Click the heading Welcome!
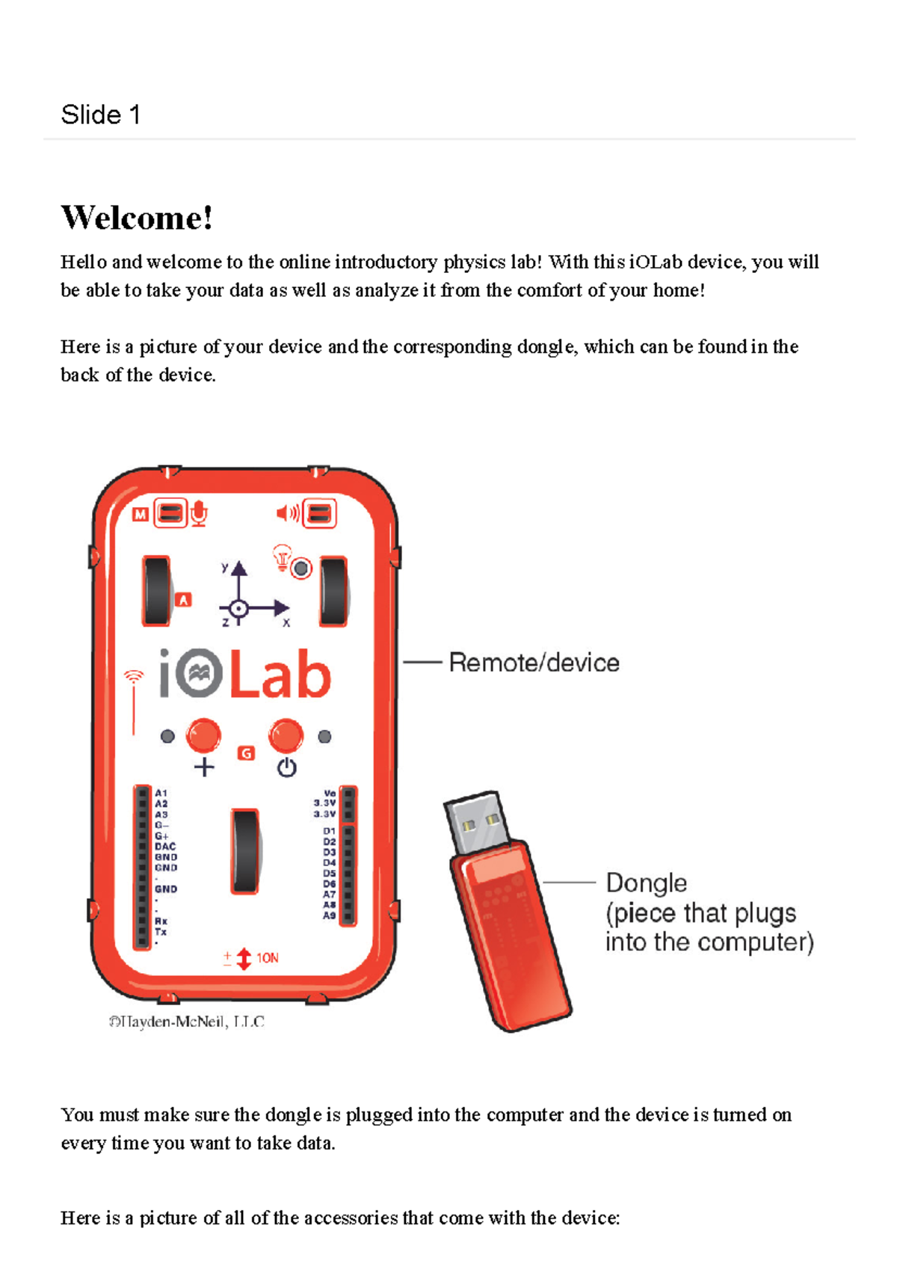(x=137, y=218)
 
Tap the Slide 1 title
(x=100, y=114)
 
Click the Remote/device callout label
(x=534, y=663)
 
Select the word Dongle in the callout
(x=646, y=883)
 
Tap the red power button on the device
(x=286, y=735)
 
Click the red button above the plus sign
(x=203, y=735)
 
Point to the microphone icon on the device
(x=199, y=514)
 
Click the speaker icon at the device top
(x=288, y=513)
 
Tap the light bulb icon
(x=282, y=556)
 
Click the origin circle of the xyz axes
(x=238, y=608)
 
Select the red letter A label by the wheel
(x=184, y=600)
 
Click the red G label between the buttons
(x=246, y=753)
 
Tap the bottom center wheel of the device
(x=245, y=851)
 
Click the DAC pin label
(x=165, y=847)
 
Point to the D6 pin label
(x=329, y=884)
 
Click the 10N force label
(x=267, y=958)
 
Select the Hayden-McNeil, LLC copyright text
(x=187, y=1022)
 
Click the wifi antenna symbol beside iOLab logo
(x=134, y=678)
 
